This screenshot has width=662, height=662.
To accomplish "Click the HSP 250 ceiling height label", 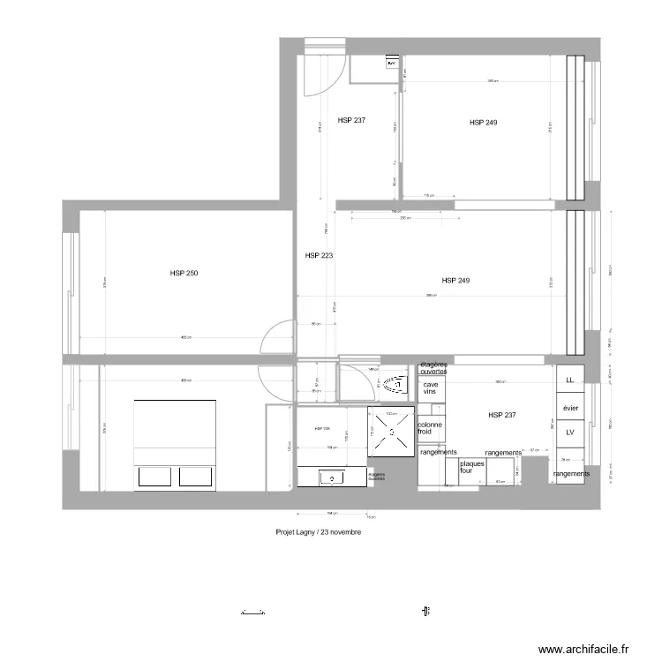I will pyautogui.click(x=184, y=274).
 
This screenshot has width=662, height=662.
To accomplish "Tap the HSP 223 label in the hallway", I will pyautogui.click(x=318, y=256).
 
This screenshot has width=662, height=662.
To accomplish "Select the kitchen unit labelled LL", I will pyautogui.click(x=569, y=380).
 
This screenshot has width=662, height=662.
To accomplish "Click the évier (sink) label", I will pyautogui.click(x=570, y=408).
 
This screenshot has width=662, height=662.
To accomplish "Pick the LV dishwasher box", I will pyautogui.click(x=569, y=433).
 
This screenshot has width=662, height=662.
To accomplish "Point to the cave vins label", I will pyautogui.click(x=431, y=387).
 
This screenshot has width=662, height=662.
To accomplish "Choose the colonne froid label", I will pyautogui.click(x=430, y=428).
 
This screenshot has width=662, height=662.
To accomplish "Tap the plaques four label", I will pyautogui.click(x=472, y=467).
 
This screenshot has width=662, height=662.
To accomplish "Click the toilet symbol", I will pyautogui.click(x=393, y=384).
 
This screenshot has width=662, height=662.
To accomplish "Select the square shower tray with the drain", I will pyautogui.click(x=391, y=432).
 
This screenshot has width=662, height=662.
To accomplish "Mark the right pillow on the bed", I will pyautogui.click(x=197, y=477).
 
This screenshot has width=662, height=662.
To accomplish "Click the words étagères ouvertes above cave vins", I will pyautogui.click(x=433, y=368).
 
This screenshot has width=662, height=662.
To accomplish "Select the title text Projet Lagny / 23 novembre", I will pyautogui.click(x=318, y=533).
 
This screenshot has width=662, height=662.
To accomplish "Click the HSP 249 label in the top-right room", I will pyautogui.click(x=483, y=123).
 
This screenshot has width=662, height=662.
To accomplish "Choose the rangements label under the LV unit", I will pyautogui.click(x=571, y=474).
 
